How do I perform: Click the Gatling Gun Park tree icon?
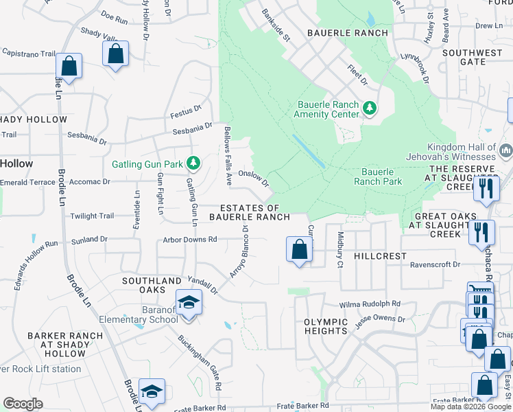point(194,163)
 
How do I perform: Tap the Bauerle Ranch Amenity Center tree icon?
point(370,108)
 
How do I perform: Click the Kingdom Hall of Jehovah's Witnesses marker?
point(507,149)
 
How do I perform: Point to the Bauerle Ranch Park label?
point(378,176)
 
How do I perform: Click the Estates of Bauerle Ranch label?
point(250,212)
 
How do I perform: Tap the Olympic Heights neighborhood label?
point(326,326)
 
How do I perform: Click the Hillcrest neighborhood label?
point(381,255)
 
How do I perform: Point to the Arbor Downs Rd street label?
point(190,240)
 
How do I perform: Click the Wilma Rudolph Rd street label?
point(370,304)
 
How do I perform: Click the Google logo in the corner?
point(23,404)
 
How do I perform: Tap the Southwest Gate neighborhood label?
point(473,57)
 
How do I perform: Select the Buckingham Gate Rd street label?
point(200,363)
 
